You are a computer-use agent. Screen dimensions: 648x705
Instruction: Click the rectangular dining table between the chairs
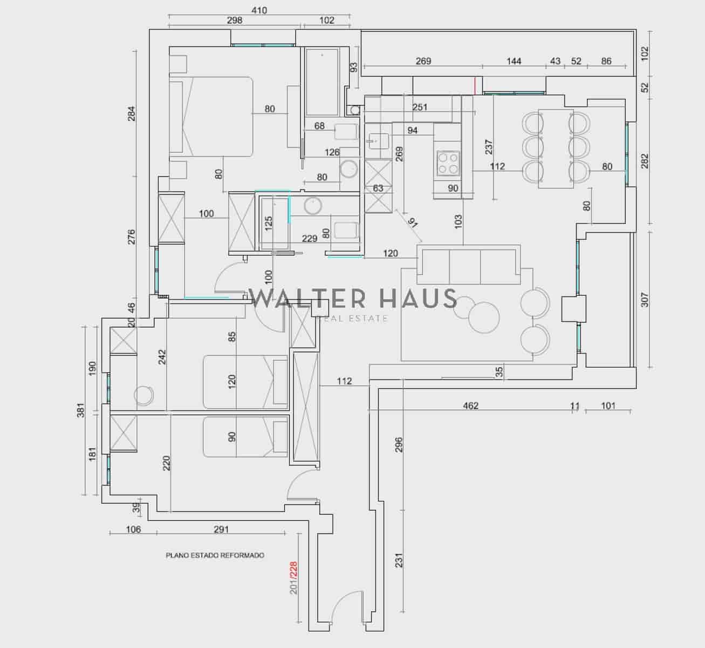tap(556, 148)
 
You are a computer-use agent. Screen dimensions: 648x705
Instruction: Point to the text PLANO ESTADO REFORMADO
tap(215, 555)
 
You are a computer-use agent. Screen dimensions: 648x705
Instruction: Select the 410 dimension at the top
tap(259, 10)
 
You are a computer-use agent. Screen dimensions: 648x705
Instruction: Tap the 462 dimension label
tap(471, 406)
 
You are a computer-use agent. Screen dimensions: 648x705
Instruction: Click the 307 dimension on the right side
tap(645, 300)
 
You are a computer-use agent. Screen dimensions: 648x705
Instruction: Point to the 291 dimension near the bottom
tap(221, 529)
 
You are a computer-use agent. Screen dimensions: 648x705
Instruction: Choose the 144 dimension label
tap(514, 61)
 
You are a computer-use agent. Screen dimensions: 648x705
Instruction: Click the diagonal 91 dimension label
tap(413, 223)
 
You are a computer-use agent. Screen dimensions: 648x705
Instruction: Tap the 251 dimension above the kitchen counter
tap(420, 107)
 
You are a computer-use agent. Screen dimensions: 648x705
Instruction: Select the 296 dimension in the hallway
tap(399, 444)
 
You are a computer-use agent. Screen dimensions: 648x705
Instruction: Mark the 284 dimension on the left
tap(132, 113)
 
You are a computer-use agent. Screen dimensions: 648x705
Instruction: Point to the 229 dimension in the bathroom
tap(309, 238)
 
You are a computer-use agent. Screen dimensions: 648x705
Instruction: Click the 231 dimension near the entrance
tap(399, 561)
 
